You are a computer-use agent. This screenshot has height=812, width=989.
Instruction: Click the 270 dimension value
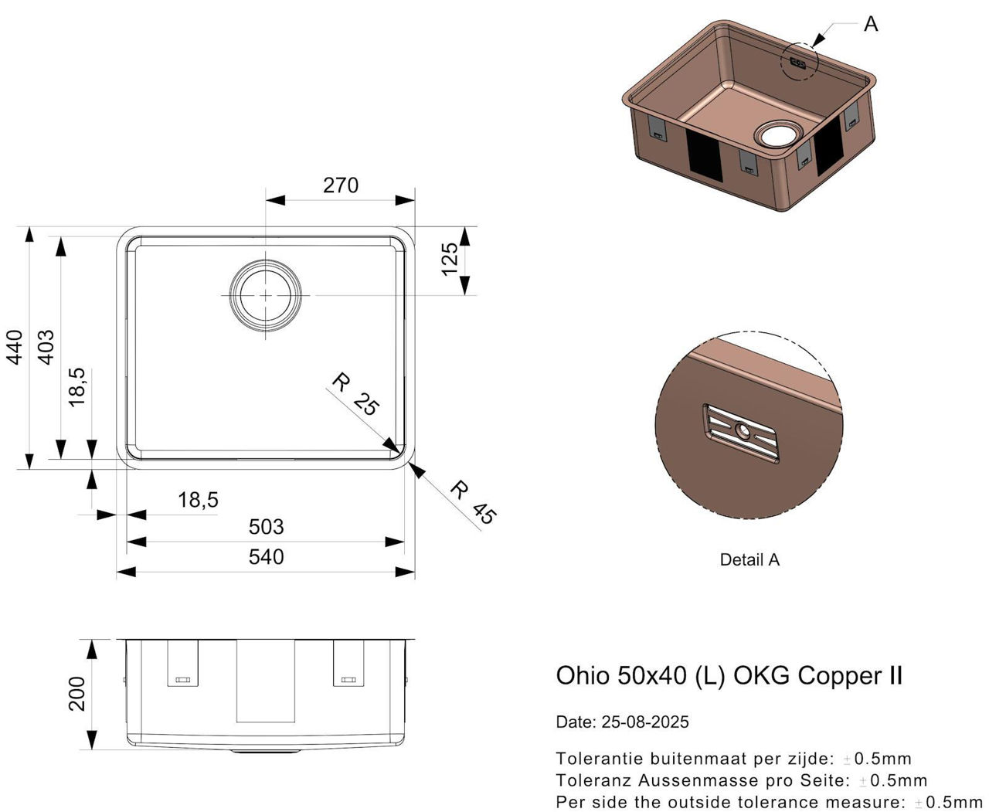tap(341, 185)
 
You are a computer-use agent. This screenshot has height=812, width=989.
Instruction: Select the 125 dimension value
tap(450, 259)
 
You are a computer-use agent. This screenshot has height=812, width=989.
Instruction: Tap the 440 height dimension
tap(14, 348)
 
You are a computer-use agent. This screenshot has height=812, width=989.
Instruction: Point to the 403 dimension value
tap(46, 348)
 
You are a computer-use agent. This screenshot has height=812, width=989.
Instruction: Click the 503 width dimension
tap(266, 527)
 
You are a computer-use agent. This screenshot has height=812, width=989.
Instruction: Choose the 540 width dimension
tap(266, 557)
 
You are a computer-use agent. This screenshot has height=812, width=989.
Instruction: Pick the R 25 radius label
tap(355, 394)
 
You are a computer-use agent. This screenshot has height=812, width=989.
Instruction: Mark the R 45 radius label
tap(472, 502)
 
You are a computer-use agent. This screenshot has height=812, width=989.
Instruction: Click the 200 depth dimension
tap(77, 694)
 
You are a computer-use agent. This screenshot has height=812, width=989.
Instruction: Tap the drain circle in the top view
tap(266, 295)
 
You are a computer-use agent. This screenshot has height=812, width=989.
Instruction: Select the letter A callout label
tap(871, 25)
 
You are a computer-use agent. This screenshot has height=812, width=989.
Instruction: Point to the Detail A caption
tap(749, 560)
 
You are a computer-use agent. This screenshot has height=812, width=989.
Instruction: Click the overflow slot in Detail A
tap(741, 433)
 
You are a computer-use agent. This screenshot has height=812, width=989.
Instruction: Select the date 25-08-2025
tap(644, 722)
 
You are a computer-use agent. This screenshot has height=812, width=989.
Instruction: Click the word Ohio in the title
tap(583, 675)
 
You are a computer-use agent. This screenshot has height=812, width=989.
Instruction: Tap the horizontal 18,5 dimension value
tap(198, 500)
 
